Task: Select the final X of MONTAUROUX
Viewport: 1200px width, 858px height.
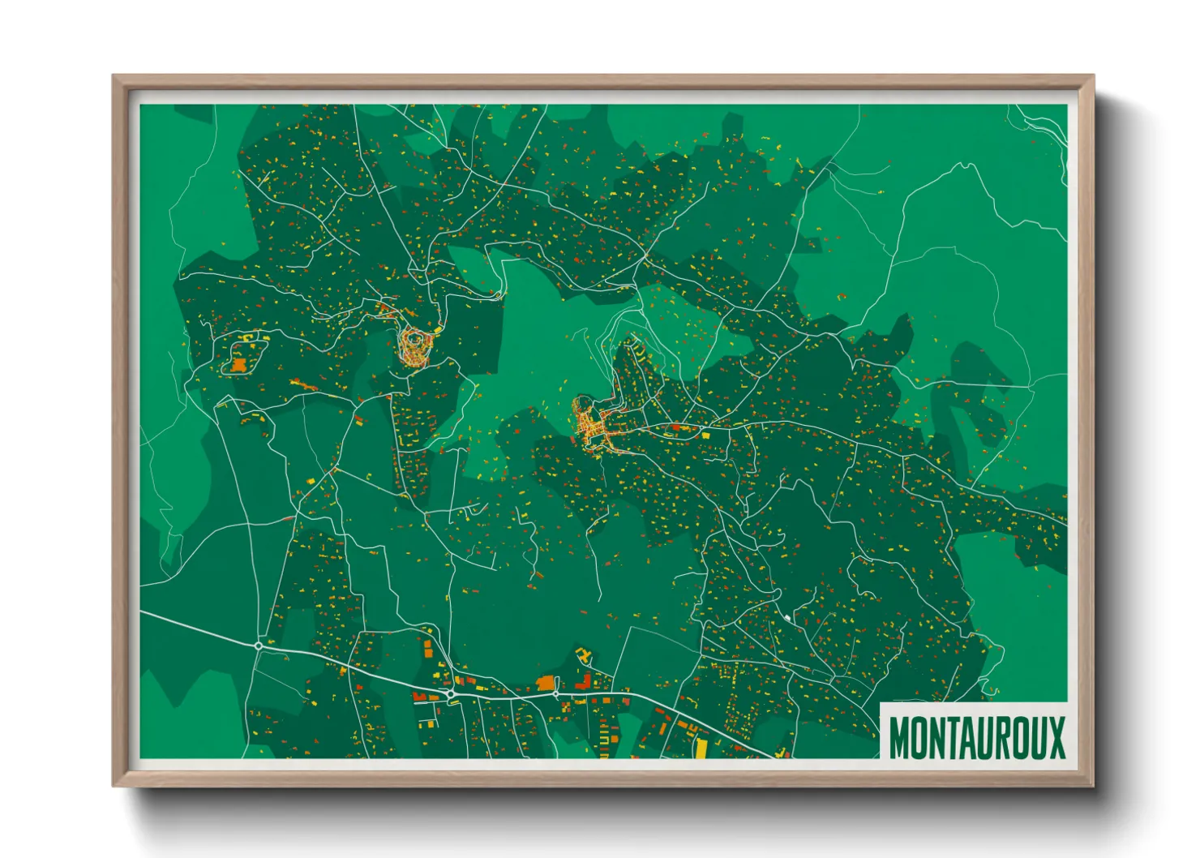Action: click(x=1055, y=737)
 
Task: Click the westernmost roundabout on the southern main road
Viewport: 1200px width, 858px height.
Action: click(x=259, y=646)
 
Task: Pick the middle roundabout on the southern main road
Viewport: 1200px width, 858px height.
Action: click(x=449, y=695)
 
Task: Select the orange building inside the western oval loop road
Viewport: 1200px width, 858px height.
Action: click(x=238, y=365)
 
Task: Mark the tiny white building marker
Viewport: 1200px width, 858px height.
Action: click(x=786, y=619)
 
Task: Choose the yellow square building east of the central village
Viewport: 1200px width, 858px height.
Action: click(x=705, y=435)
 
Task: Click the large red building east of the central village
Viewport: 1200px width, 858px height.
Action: click(x=675, y=427)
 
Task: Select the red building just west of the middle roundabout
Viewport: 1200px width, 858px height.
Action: click(x=420, y=696)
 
